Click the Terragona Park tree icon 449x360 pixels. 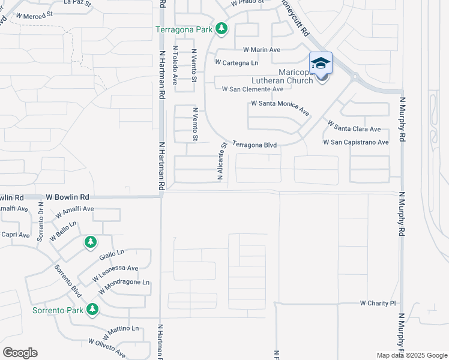coord(222,28)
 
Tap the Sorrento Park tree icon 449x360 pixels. coord(92,309)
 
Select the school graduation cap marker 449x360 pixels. coord(321,63)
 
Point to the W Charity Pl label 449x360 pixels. coord(378,304)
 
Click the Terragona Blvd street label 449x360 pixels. coord(255,145)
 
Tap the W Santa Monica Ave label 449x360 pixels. coord(280,108)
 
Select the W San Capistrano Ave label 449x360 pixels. coord(356,142)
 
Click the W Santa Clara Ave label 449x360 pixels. coord(354,125)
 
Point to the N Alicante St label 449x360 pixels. coord(221,161)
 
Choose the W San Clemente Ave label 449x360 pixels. coord(253,89)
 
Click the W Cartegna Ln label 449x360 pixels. coord(237,62)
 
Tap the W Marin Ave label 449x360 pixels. coord(262,50)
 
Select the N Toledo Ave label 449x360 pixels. coord(175,64)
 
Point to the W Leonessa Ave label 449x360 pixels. coord(116,274)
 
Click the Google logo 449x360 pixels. coord(20,353)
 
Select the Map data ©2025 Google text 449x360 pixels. coord(411,355)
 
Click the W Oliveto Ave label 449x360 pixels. coord(107,348)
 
